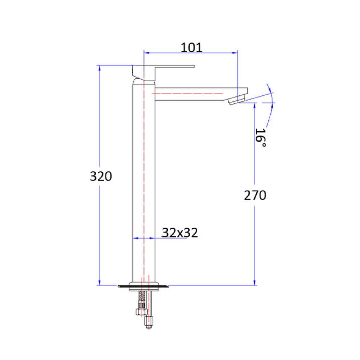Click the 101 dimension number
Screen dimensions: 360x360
pyautogui.click(x=191, y=47)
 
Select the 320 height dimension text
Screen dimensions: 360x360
pyautogui.click(x=101, y=176)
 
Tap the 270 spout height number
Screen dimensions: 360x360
pyautogui.click(x=255, y=195)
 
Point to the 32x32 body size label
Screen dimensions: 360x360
pyautogui.click(x=180, y=233)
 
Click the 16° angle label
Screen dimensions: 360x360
pyautogui.click(x=261, y=138)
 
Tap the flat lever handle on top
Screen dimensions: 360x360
pyautogui.click(x=169, y=66)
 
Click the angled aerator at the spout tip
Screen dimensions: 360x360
pyautogui.click(x=237, y=100)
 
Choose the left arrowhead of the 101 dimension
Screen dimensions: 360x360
pyautogui.click(x=147, y=53)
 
